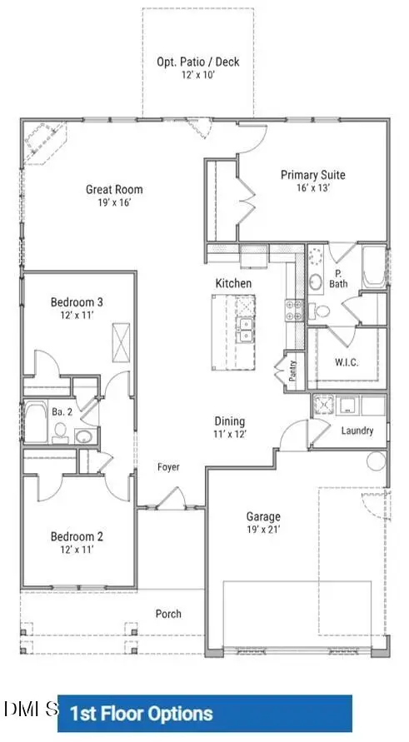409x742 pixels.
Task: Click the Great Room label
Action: [x=114, y=190]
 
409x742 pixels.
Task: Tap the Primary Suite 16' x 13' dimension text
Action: [x=313, y=187]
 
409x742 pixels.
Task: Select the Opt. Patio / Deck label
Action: [x=198, y=62]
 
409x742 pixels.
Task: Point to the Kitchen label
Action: [x=233, y=283]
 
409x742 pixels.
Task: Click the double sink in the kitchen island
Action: [x=246, y=330]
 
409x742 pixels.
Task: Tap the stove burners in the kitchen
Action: [x=293, y=311]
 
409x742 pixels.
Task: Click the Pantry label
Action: [x=293, y=371]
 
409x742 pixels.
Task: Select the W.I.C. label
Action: [x=347, y=363]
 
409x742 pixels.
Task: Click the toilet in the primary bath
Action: [x=320, y=311]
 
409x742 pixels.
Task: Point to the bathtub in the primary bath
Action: [x=375, y=266]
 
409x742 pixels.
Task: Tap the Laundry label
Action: [x=357, y=431]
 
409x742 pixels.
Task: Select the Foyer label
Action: [x=168, y=467]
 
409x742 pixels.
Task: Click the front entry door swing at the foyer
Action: [x=172, y=498]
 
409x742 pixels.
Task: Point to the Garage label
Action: [x=263, y=517]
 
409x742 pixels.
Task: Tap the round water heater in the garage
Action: [x=377, y=461]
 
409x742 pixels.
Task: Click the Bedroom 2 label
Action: [x=77, y=536]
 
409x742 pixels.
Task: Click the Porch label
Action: [x=168, y=614]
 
